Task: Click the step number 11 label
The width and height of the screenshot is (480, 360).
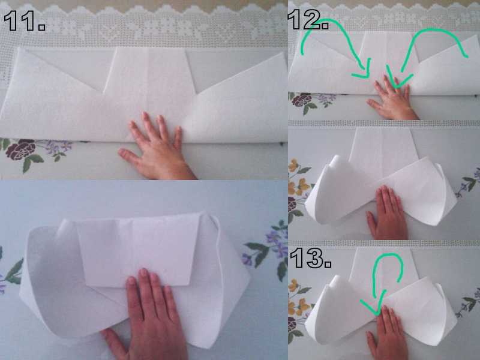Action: [25, 20]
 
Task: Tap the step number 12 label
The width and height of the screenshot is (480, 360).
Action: [308, 19]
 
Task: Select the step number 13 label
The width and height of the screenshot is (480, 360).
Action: [311, 258]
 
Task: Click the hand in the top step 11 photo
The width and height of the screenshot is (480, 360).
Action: [156, 147]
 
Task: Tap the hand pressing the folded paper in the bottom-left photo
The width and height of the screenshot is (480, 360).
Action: [147, 316]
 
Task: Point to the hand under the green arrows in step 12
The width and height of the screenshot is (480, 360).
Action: [394, 98]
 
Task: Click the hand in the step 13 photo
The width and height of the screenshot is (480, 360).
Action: [387, 334]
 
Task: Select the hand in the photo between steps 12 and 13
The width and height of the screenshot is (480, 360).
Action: [387, 213]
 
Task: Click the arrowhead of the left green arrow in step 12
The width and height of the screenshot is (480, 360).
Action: [363, 72]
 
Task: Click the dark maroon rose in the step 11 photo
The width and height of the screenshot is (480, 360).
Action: [21, 150]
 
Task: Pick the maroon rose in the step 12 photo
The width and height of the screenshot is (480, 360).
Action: [302, 100]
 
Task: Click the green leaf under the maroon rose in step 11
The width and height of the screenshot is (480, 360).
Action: [32, 162]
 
